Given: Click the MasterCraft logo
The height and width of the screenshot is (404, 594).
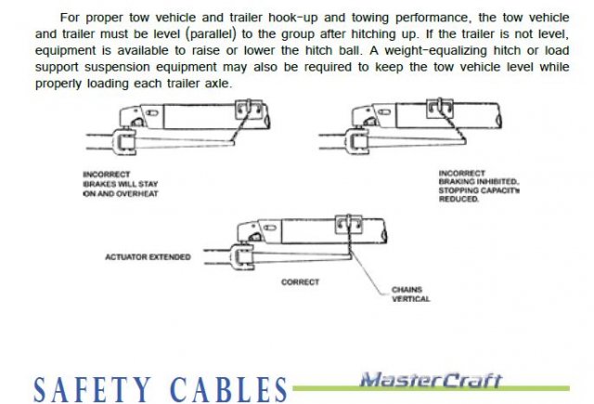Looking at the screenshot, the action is [x=431, y=380].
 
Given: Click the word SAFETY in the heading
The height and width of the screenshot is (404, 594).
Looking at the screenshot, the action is [x=93, y=389].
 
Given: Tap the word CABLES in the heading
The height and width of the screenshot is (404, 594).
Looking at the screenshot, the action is [x=229, y=389].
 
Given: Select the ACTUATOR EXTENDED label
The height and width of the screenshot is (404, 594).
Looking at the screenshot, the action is [x=148, y=257].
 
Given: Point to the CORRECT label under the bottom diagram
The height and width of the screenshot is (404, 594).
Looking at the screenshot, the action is [x=300, y=282].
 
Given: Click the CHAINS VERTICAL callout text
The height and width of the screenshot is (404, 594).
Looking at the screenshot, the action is [x=410, y=294].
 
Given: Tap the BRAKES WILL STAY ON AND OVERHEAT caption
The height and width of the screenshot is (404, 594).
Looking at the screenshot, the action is [x=121, y=189].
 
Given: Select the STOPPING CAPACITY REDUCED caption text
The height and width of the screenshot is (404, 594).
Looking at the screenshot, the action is [x=479, y=194].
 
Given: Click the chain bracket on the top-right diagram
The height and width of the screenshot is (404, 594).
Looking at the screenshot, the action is [x=439, y=108].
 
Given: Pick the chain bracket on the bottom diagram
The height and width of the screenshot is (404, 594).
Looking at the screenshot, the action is [x=349, y=224].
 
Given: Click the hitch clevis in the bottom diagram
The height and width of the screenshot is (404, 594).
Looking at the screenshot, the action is [x=241, y=256].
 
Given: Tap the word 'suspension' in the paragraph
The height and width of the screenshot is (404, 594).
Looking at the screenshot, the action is [x=118, y=67].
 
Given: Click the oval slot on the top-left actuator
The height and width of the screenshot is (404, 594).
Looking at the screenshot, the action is [x=152, y=113].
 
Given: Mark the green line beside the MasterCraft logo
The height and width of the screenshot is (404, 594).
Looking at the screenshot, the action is [x=431, y=388].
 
